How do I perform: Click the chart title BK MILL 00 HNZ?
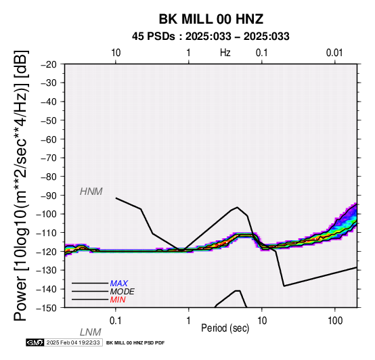coord(211,19)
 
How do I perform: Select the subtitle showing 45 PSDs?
coord(211,37)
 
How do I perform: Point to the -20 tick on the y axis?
coord(48,64)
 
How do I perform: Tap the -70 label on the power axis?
coord(48,158)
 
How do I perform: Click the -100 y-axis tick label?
coord(46,214)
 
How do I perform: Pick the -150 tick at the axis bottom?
coord(46,308)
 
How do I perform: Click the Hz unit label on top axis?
coord(225,53)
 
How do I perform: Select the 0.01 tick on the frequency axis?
coord(334,53)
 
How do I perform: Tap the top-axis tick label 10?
coord(116,53)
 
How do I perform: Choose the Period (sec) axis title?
coord(225,328)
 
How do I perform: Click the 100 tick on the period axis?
coord(335,321)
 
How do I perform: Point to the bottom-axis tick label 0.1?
coord(116,321)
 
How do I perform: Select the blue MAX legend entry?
coord(119,284)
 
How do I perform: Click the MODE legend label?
coord(123,292)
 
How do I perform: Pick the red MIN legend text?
coord(118,300)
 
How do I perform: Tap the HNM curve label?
coord(91,192)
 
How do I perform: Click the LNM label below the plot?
coord(91,332)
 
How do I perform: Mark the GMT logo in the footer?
coord(35,342)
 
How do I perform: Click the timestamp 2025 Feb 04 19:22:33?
coord(73,342)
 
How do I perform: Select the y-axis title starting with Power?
coord(21,185)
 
